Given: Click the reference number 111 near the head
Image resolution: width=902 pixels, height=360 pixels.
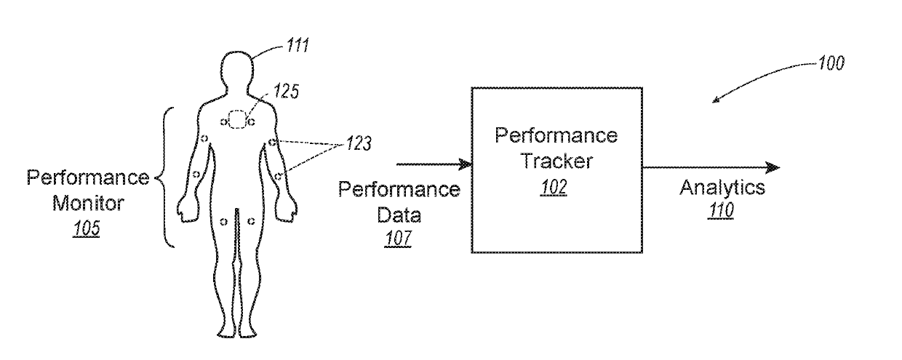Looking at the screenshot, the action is click(298, 45).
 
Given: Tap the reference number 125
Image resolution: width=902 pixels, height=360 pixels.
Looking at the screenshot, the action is click(286, 91).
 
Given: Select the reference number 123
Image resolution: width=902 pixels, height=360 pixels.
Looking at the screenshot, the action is click(359, 143).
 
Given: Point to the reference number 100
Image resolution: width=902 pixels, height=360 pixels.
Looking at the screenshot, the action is click(831, 63).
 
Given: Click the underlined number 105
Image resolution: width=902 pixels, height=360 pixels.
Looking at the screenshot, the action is click(86, 228).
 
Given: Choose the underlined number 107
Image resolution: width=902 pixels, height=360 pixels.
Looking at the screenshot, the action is click(398, 238).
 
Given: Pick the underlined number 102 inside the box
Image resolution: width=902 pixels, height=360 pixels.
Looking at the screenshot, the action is click(554, 187).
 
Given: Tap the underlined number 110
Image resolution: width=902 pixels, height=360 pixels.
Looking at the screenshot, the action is click(721, 209).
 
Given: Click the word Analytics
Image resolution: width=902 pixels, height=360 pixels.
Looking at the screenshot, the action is click(722, 188).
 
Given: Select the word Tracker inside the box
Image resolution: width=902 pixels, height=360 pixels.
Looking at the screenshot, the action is click(557, 161).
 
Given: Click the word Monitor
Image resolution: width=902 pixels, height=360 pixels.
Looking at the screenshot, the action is click(88, 203).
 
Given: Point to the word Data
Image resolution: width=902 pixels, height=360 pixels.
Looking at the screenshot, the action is click(399, 215).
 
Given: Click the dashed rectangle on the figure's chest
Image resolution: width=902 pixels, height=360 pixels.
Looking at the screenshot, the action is click(237, 119).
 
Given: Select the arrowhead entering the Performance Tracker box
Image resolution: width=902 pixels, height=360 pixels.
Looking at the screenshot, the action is click(465, 164).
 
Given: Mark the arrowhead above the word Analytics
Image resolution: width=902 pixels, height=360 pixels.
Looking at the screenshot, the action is click(773, 167).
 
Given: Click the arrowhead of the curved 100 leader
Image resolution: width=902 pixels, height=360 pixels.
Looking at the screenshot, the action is click(716, 100).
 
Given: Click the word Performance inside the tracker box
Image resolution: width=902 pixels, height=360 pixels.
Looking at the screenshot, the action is click(556, 135).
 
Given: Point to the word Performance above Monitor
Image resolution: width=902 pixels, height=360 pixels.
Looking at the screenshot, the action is click(88, 177).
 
